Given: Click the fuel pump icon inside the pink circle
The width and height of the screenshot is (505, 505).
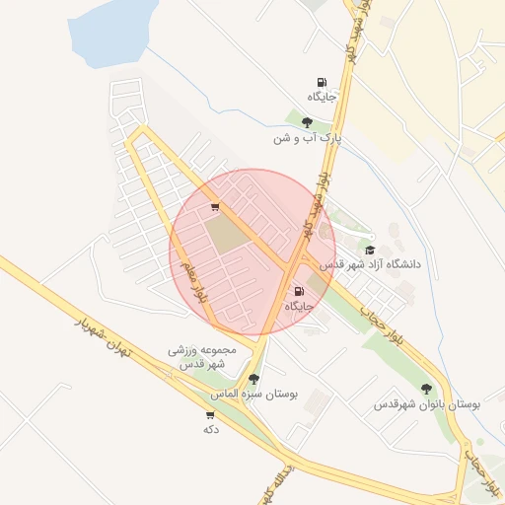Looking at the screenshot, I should coord(299,291).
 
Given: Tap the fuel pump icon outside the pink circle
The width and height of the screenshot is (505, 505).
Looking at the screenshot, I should coord(322,83).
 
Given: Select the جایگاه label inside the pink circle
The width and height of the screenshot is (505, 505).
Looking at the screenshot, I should coord(299,306).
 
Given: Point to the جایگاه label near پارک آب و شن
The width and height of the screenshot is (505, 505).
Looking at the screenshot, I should coord(322,97).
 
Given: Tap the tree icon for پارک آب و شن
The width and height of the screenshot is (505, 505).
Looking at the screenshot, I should coord(307,122).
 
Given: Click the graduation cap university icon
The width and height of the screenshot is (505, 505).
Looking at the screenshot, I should coord(370,251).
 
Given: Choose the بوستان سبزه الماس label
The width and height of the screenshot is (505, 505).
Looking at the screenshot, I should coord(253,393).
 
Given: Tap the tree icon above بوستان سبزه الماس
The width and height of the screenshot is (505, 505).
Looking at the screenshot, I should coord(253,379).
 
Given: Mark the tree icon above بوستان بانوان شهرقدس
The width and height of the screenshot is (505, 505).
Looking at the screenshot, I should coord(427,389).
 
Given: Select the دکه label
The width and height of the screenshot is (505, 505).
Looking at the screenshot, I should coord(210,429).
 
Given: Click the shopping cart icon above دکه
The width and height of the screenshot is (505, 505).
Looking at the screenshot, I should coord(210,415).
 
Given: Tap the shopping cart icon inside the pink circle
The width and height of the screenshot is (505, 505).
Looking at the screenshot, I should coord(215,207).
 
